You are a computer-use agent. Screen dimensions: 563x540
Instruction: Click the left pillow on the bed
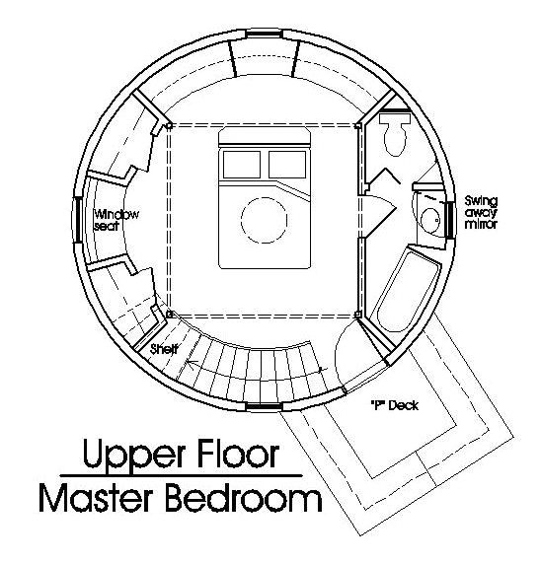(x=240, y=162)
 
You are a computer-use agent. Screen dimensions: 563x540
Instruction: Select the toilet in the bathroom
(x=396, y=133)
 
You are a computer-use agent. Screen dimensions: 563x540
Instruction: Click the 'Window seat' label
(x=116, y=220)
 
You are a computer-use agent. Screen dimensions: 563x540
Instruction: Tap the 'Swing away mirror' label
(x=482, y=211)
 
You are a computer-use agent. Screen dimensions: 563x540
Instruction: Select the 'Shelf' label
(x=164, y=349)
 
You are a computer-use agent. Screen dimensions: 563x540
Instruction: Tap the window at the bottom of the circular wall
(x=263, y=405)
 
